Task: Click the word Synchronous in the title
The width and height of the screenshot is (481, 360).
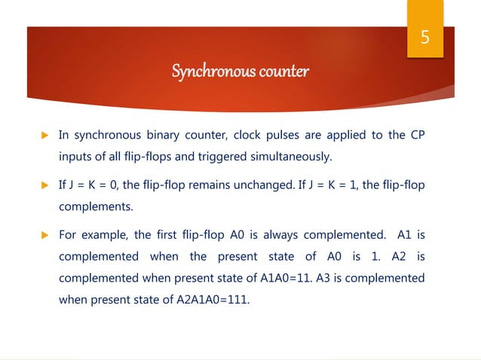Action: pyautogui.click(x=205, y=72)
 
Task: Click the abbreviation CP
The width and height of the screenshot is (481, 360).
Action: pyautogui.click(x=417, y=136)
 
